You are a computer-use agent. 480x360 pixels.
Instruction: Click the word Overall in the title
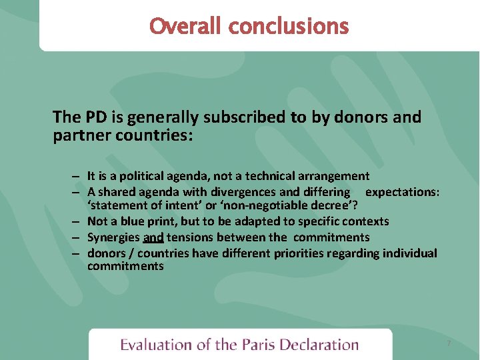[x=185, y=27]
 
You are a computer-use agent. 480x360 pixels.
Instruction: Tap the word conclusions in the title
[x=288, y=27]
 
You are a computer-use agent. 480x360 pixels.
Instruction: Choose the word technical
[x=271, y=176]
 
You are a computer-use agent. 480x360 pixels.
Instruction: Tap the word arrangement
[x=335, y=176]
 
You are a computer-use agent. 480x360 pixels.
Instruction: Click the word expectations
[x=402, y=192]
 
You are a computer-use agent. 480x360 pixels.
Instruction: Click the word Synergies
[x=113, y=237]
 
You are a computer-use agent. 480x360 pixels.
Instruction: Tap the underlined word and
[x=153, y=237]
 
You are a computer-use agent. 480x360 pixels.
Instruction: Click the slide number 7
[x=449, y=343]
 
